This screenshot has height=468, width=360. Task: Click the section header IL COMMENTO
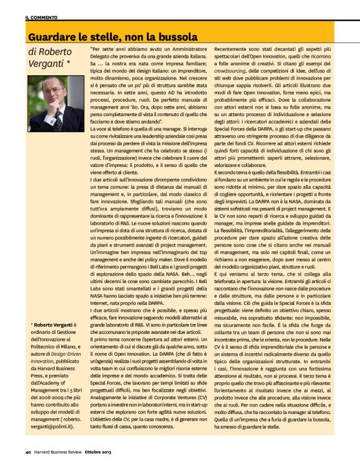click(x=42, y=18)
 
